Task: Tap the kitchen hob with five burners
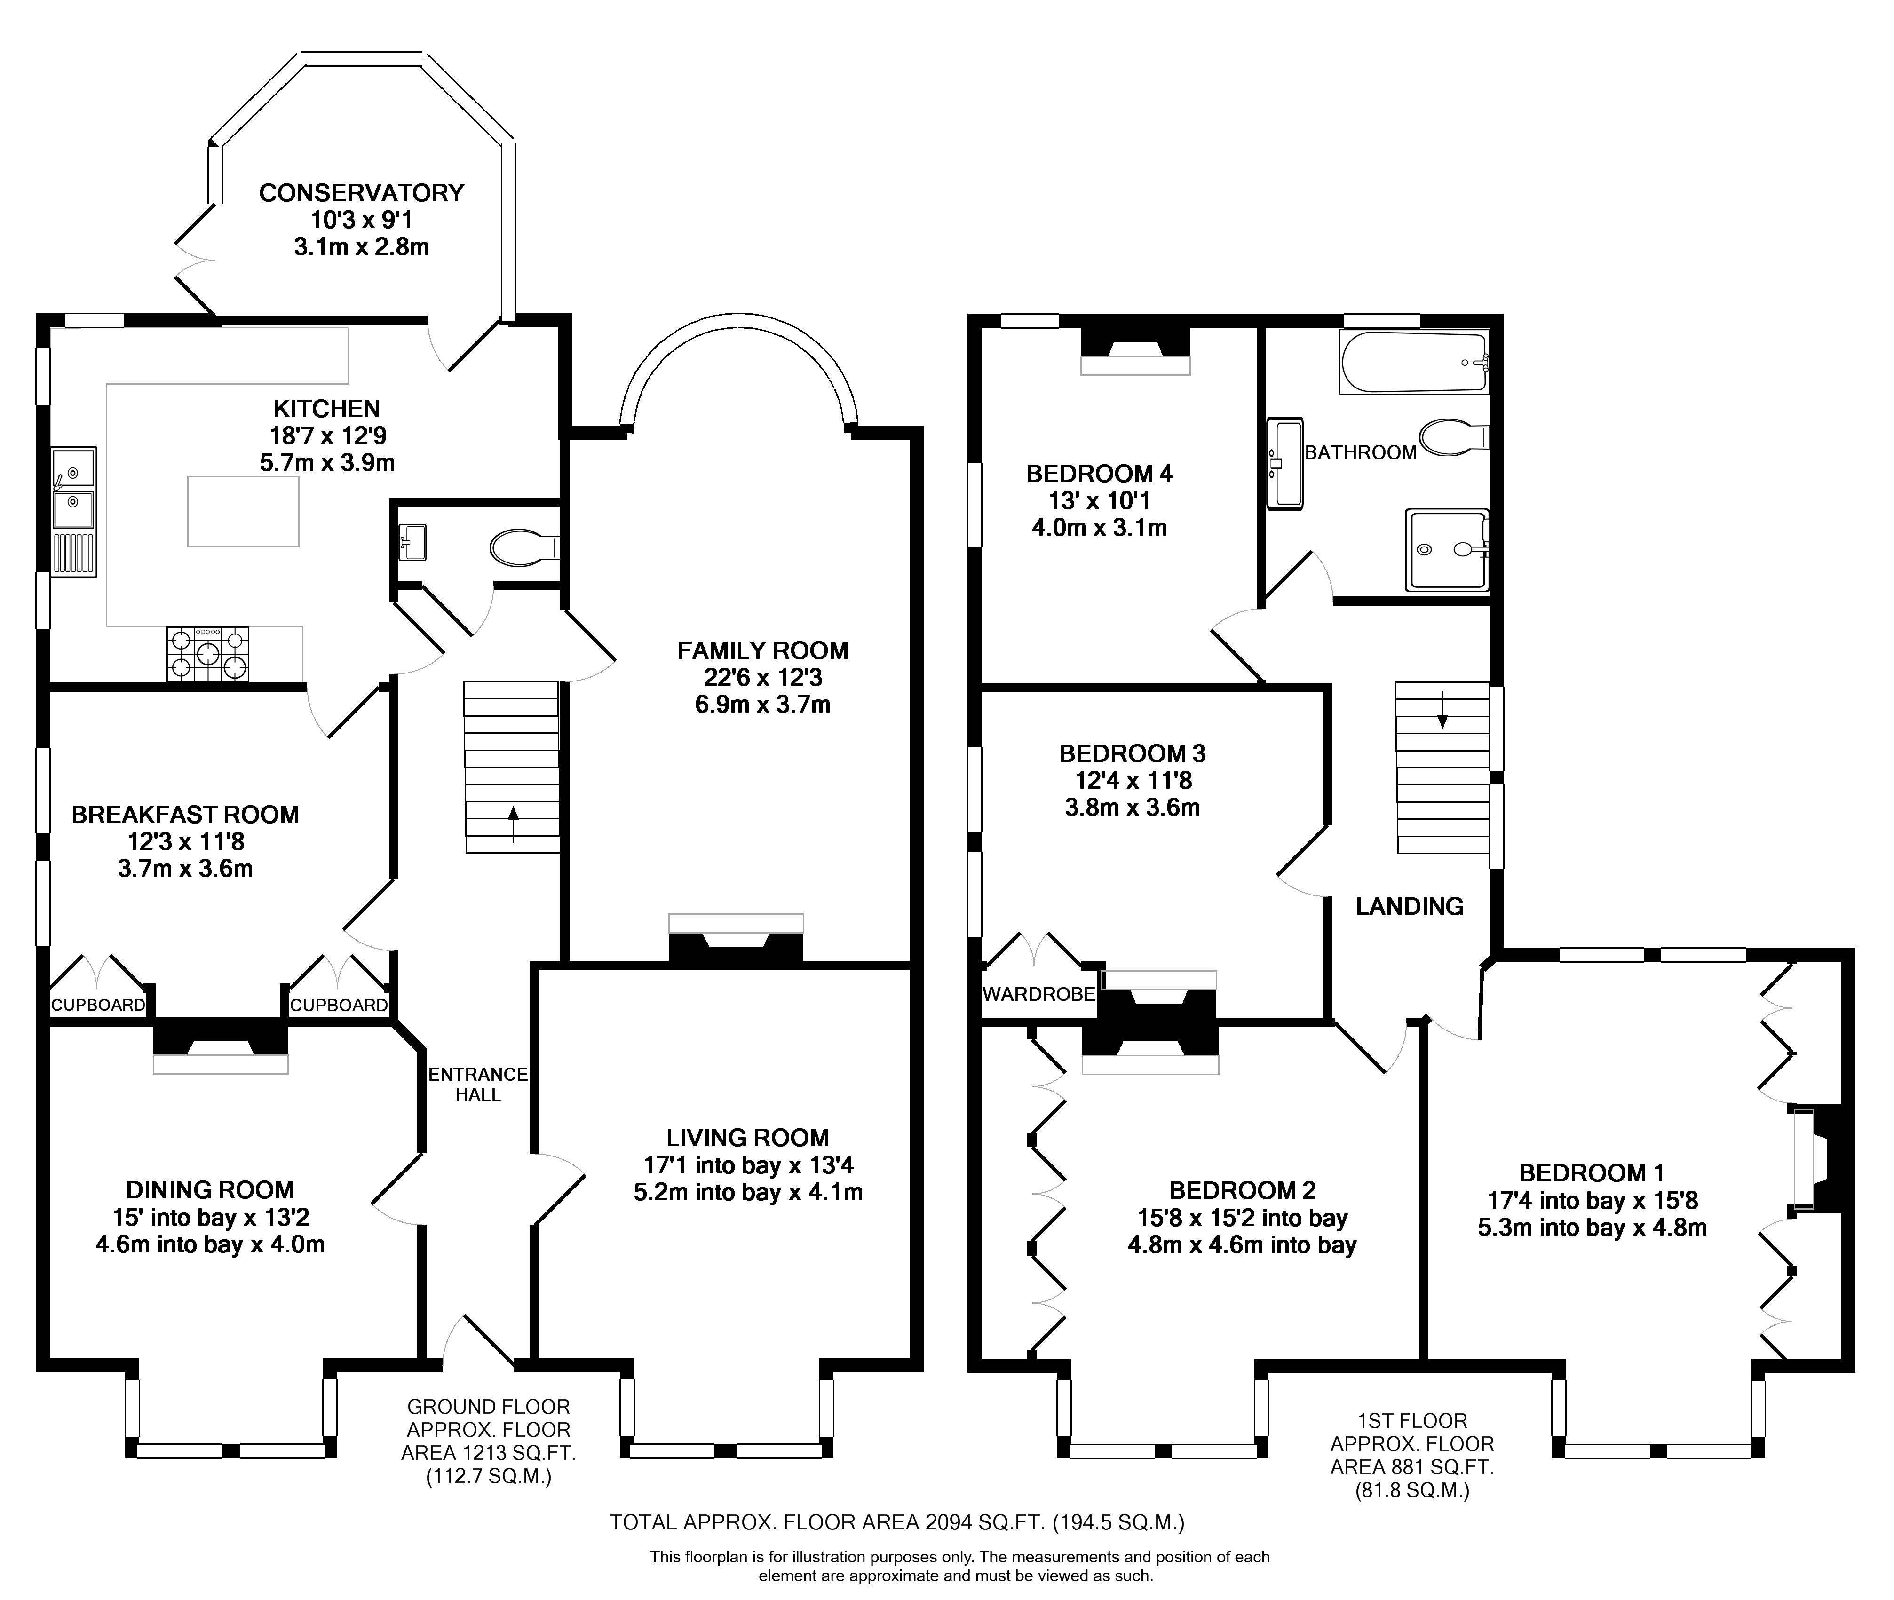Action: click(208, 653)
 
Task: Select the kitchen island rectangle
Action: click(243, 511)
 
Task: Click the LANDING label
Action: click(1410, 906)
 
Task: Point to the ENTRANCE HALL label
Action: click(478, 1084)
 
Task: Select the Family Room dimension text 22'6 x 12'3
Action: click(763, 678)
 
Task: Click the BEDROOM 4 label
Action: click(1100, 474)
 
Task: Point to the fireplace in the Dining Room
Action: click(221, 1048)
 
